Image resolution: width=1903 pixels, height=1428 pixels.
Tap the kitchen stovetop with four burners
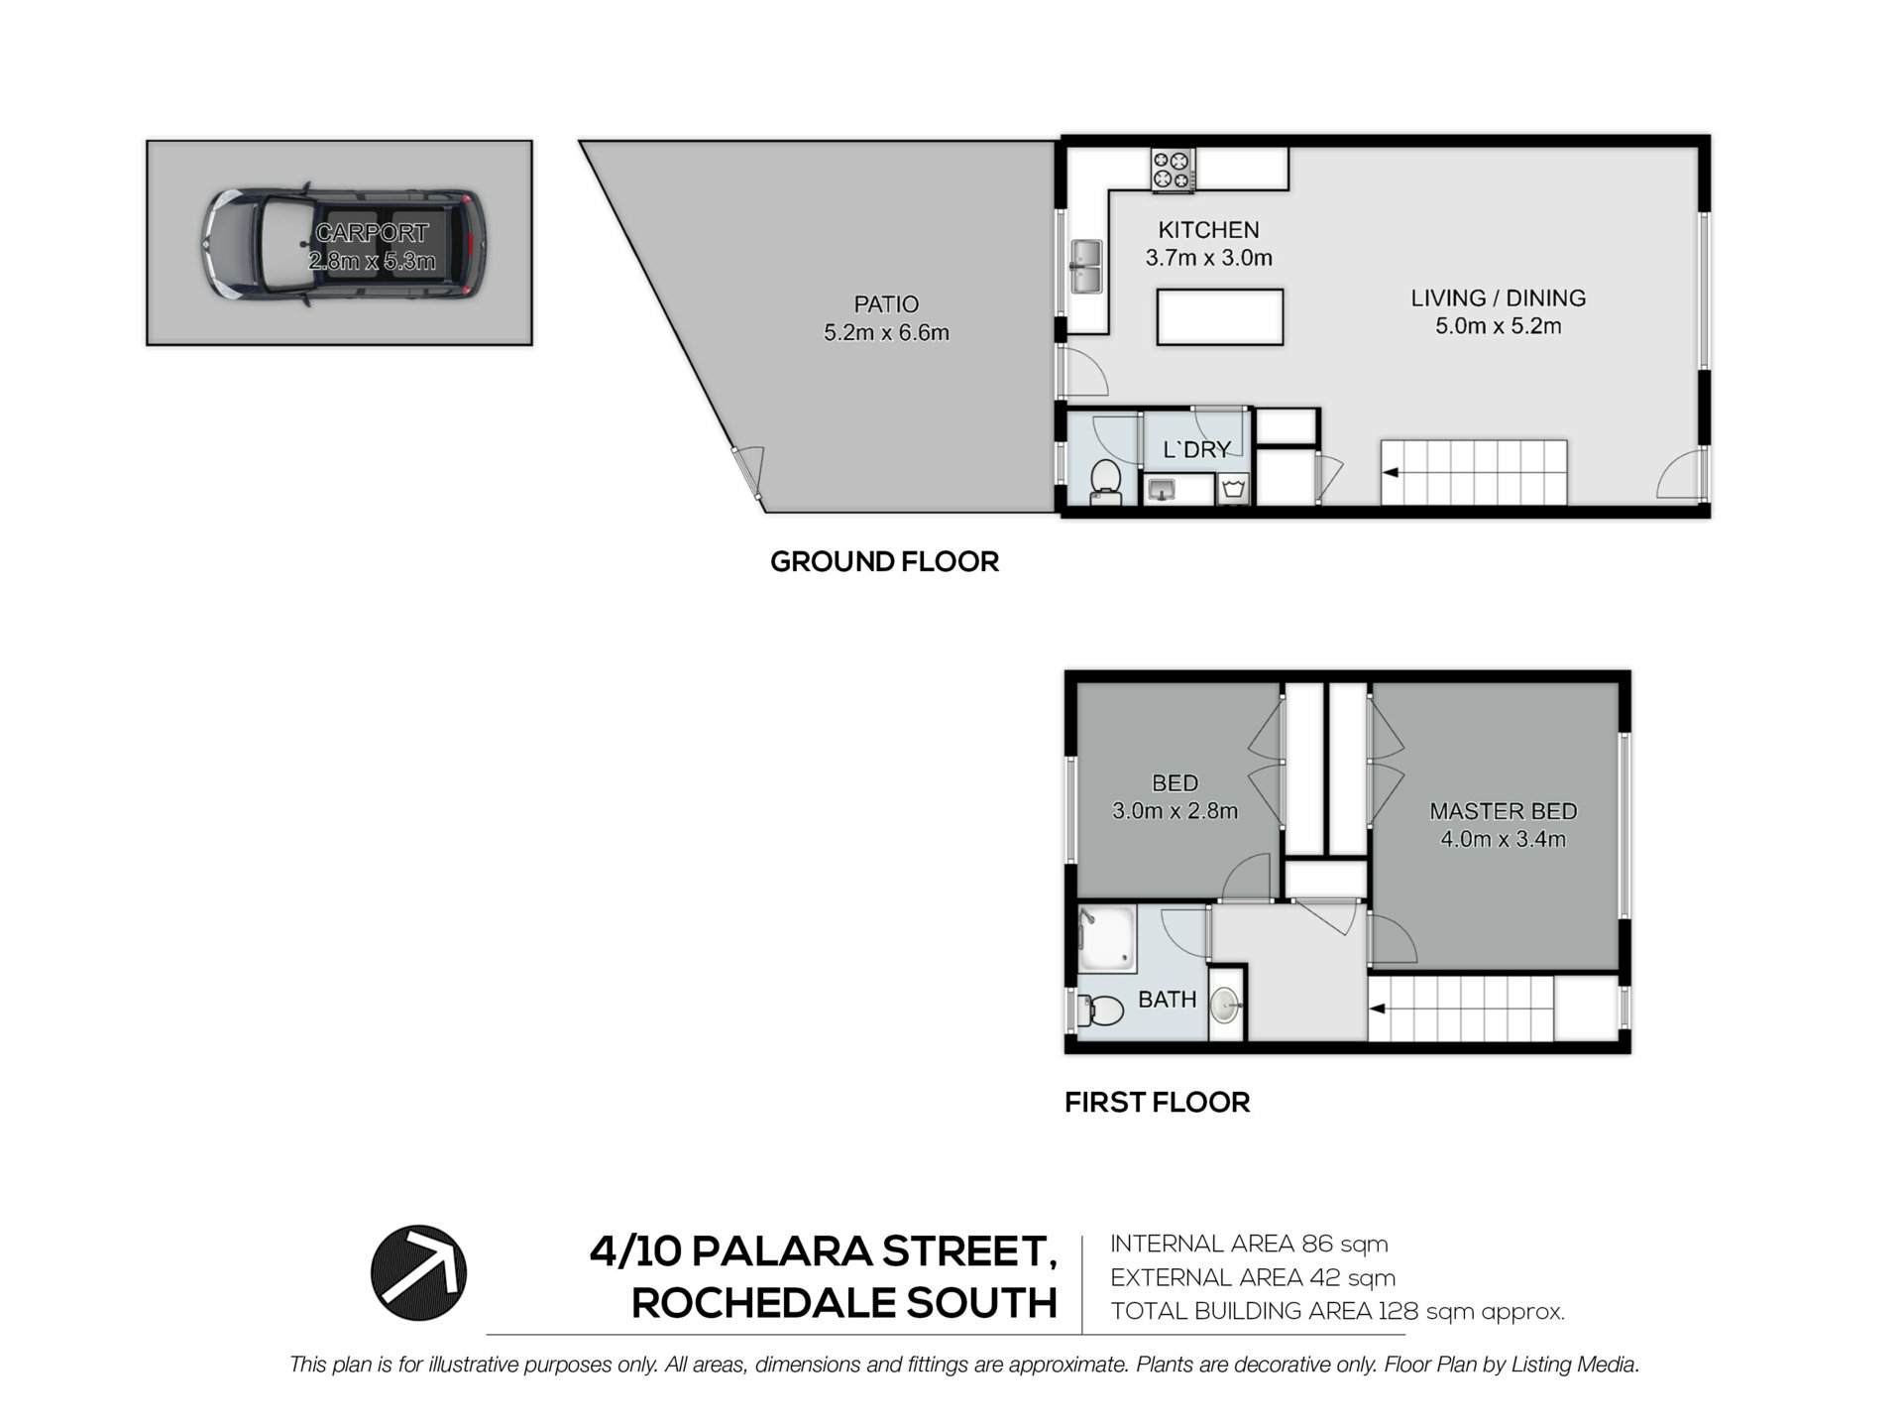point(1173,170)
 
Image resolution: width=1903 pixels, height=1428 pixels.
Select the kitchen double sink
point(1085,267)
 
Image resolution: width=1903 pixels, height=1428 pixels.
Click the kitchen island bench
point(1220,317)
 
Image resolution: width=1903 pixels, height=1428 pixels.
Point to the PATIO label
point(886,304)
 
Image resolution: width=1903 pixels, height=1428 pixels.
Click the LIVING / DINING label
point(1498,297)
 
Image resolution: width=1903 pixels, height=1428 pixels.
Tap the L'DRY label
point(1196,449)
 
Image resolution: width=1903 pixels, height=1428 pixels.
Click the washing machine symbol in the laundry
point(1233,488)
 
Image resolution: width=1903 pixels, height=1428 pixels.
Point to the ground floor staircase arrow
point(1391,473)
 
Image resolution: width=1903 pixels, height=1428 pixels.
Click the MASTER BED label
point(1503,811)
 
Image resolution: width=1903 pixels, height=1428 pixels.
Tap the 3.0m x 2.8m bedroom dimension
point(1175,811)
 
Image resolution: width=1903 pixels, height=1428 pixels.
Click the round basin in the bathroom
point(1225,1005)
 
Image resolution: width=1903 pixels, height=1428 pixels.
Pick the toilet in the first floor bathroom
point(1100,1011)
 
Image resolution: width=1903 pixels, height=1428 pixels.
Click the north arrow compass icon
point(418,1272)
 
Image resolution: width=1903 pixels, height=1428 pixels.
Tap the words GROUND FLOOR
point(884,561)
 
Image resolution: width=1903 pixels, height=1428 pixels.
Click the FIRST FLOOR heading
point(1157,1102)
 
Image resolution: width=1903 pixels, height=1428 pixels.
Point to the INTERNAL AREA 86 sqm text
point(1249,1244)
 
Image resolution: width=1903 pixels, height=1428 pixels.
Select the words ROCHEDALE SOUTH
point(844,1303)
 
